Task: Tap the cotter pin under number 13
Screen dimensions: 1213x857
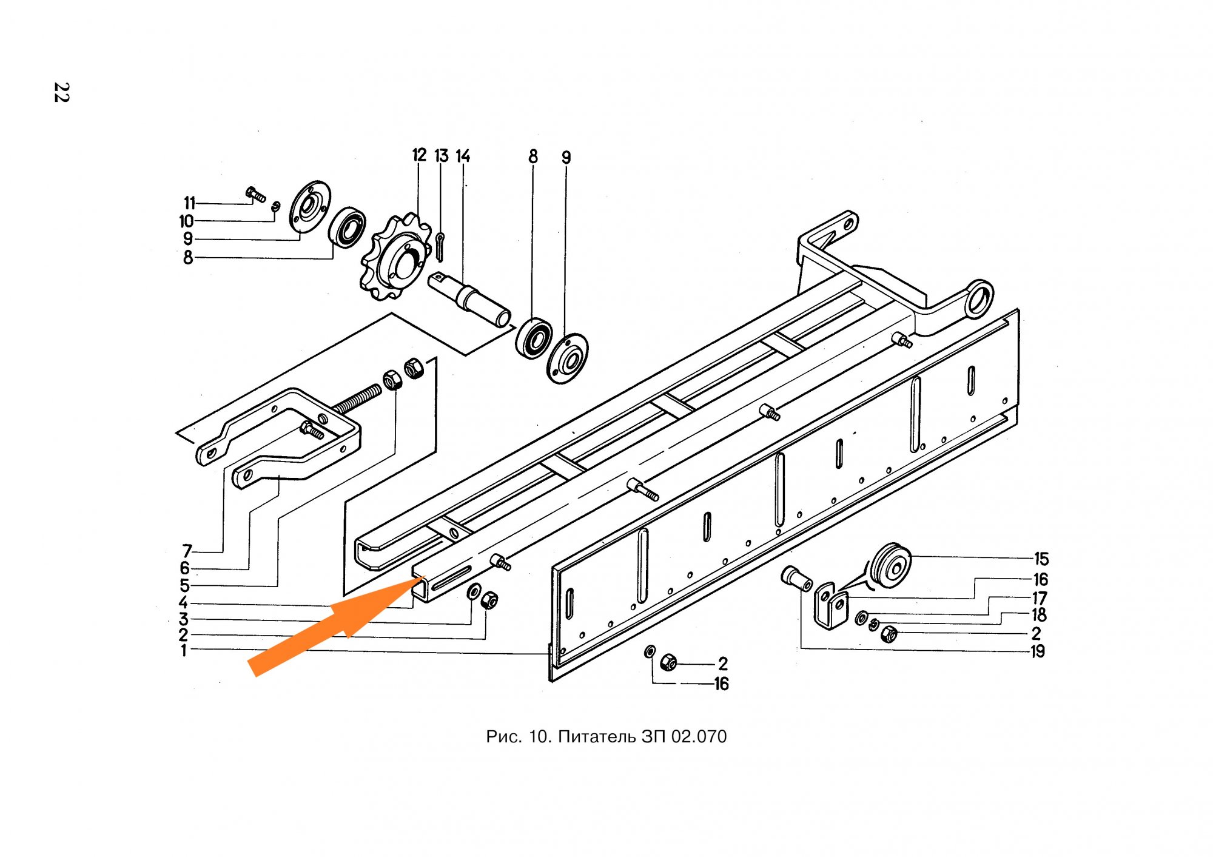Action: pos(440,246)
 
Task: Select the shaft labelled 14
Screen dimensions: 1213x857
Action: pos(469,300)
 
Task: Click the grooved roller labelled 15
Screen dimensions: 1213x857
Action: pos(890,568)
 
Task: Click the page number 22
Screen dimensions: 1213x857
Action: pos(61,92)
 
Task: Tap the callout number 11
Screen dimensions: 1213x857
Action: pos(190,203)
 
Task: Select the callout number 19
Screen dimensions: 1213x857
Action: pos(1038,651)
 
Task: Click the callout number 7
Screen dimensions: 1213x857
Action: pos(187,551)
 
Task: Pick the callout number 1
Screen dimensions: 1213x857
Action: pos(184,651)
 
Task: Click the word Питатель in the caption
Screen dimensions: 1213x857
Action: pos(597,737)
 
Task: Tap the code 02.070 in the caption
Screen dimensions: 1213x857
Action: pos(699,737)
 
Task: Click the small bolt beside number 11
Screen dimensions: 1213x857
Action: pos(255,194)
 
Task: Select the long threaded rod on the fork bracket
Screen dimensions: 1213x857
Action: pos(357,401)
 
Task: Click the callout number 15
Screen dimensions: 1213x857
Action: pos(1041,559)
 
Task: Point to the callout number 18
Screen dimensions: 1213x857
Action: pos(1039,615)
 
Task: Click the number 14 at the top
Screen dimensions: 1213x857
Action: pos(463,156)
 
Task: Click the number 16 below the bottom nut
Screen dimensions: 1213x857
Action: pos(721,684)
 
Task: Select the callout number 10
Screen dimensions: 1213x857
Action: pos(186,221)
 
